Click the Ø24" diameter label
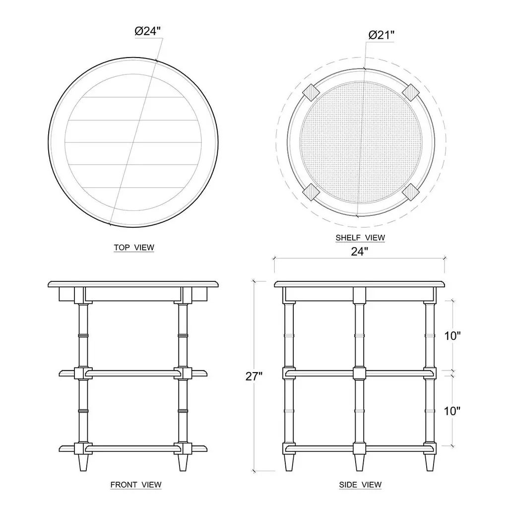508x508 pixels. (x=148, y=31)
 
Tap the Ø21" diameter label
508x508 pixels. (x=381, y=35)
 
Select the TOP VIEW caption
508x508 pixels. (x=134, y=248)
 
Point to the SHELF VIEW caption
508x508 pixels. (x=360, y=238)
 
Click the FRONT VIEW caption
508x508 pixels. (x=136, y=485)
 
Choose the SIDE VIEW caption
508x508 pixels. (x=360, y=485)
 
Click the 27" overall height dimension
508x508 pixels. (x=254, y=376)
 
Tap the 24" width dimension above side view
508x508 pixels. (x=360, y=252)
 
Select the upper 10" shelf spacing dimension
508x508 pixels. (x=452, y=336)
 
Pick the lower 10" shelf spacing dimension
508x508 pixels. (x=452, y=411)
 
